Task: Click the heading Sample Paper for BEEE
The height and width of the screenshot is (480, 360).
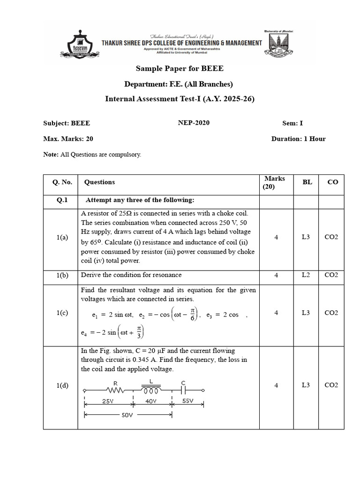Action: [180, 68]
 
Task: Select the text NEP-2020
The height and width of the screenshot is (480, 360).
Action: [194, 123]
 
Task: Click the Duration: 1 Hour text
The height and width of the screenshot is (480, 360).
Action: [298, 139]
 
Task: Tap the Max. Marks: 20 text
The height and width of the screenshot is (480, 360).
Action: [68, 139]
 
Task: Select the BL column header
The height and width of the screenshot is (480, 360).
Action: [307, 182]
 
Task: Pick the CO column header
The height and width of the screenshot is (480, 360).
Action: [332, 182]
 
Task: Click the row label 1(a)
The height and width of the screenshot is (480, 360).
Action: [62, 238]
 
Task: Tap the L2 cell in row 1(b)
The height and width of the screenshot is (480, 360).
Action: [306, 275]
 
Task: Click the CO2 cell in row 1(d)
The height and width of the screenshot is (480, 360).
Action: [331, 385]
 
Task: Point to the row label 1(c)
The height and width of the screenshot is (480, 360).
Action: [62, 313]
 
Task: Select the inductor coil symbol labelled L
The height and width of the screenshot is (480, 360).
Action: [151, 390]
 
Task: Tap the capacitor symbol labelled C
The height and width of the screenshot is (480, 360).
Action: [183, 390]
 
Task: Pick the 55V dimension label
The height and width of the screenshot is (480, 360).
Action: [187, 401]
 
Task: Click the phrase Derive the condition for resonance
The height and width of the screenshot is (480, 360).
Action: [131, 275]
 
